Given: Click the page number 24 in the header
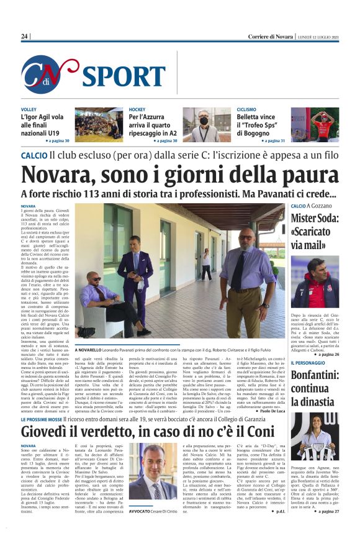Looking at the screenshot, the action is pyautogui.click(x=25, y=37).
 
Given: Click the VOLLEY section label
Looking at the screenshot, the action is pyautogui.click(x=29, y=109).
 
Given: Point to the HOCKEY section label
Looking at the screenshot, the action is pyautogui.click(x=137, y=109).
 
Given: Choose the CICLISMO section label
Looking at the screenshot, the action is pyautogui.click(x=246, y=109).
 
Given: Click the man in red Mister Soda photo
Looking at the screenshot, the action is pyautogui.click(x=315, y=281).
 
